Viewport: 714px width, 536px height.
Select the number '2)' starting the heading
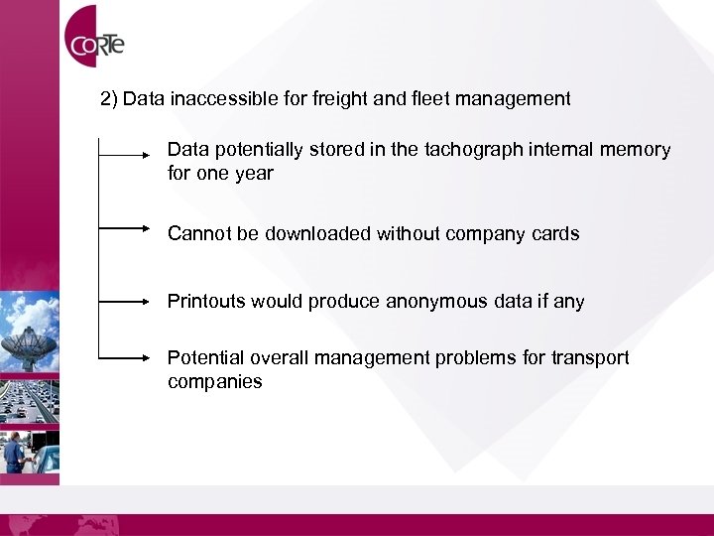[x=110, y=98]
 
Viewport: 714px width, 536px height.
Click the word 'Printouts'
[x=206, y=301]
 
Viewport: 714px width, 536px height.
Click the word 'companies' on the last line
[x=214, y=381]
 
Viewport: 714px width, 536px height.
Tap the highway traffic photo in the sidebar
[x=30, y=396]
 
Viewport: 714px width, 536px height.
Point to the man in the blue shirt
[x=14, y=453]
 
